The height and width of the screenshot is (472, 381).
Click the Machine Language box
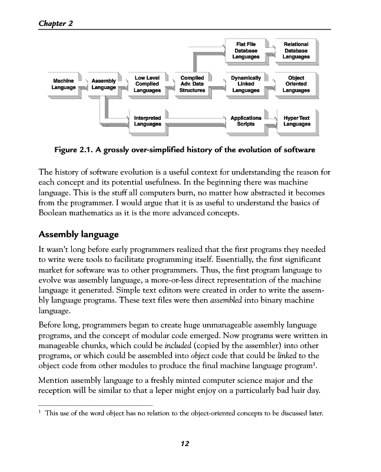[63, 84]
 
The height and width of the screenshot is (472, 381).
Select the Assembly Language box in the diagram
[104, 84]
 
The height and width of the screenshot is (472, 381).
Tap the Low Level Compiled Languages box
[147, 84]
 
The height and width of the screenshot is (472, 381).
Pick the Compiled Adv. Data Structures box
[192, 84]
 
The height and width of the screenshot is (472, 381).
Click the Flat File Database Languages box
[246, 51]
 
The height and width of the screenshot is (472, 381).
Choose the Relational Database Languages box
[296, 51]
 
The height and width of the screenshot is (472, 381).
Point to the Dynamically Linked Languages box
[246, 84]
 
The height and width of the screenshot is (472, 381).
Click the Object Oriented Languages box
[296, 84]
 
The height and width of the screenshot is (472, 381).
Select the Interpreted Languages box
[147, 121]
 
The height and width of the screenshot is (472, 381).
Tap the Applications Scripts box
[246, 121]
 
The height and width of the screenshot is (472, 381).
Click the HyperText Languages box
[296, 121]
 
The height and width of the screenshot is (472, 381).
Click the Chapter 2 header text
[55, 23]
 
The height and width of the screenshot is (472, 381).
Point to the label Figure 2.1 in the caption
[75, 149]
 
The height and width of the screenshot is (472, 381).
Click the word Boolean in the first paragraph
[57, 213]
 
